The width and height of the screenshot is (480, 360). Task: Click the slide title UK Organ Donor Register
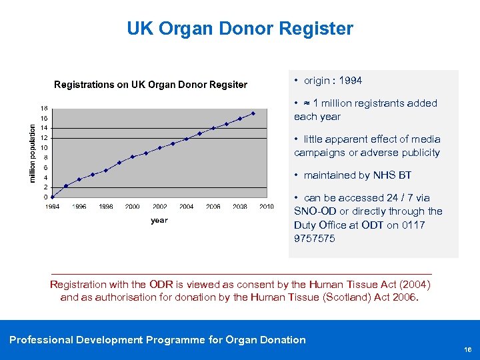pos(239,29)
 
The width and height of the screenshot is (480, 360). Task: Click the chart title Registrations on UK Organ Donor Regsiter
pos(150,85)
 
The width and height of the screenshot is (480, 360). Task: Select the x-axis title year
pos(159,220)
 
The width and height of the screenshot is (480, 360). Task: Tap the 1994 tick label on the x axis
pos(53,207)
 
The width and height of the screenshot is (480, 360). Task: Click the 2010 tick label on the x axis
pos(267,207)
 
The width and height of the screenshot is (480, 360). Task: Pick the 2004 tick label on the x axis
pos(186,207)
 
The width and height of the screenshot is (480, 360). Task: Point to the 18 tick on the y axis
pos(43,108)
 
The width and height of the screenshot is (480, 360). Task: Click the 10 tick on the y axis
pos(43,147)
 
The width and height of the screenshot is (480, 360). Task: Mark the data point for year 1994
pos(53,197)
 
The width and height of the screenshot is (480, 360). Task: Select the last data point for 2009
pos(253,113)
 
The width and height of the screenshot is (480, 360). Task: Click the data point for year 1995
pos(66,185)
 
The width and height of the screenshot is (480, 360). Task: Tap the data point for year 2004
pos(186,139)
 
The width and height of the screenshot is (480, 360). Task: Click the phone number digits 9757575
pos(314,238)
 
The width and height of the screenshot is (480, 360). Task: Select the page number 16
pos(468,349)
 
